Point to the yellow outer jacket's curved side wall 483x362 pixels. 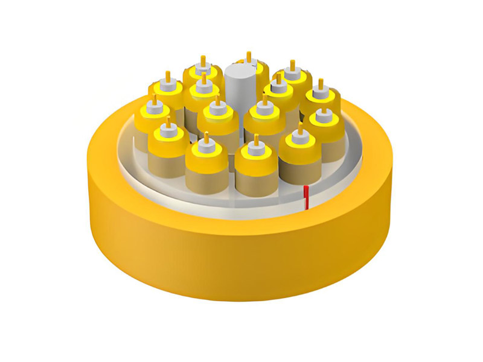point(241,265)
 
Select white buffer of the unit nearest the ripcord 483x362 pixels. point(298,136)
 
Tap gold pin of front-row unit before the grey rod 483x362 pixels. point(257,140)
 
